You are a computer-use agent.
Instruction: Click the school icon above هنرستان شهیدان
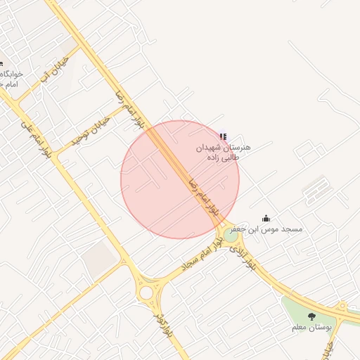(x=224, y=136)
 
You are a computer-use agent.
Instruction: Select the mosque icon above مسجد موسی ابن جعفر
(x=266, y=219)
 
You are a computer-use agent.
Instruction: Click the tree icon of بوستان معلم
(x=311, y=316)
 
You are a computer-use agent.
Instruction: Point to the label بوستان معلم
(x=311, y=328)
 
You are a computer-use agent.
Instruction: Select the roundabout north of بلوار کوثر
(x=146, y=292)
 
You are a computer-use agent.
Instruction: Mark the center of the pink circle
(x=180, y=179)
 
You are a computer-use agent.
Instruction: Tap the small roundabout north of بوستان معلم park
(x=342, y=307)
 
